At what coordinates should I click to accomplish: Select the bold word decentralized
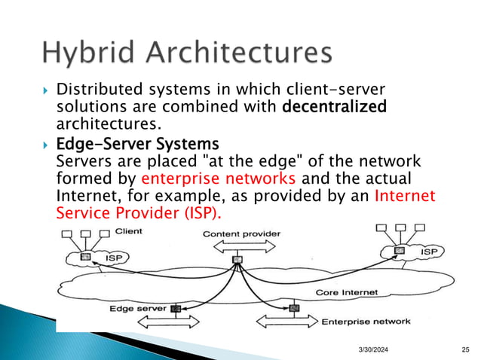(334, 107)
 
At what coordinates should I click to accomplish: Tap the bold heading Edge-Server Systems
(138, 143)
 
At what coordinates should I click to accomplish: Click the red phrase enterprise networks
(197, 178)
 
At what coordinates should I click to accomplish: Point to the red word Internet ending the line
(405, 195)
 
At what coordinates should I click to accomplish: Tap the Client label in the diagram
(129, 230)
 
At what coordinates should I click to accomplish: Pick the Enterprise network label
(366, 322)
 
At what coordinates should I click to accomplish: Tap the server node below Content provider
(237, 260)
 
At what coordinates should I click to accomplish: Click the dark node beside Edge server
(176, 308)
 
